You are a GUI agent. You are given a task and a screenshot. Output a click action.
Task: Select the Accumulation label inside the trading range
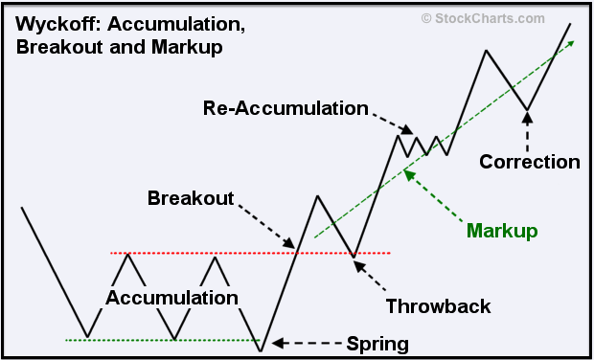(x=171, y=298)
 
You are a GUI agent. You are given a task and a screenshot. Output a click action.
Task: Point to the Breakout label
(x=191, y=198)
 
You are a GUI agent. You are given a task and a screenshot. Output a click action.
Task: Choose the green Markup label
(x=501, y=231)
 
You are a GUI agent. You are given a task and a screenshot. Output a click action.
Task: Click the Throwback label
(x=438, y=306)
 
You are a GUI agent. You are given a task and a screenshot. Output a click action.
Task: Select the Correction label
(x=530, y=162)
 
